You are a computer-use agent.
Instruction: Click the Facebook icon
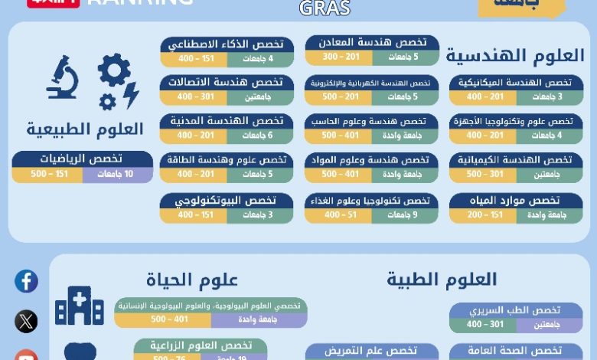26,281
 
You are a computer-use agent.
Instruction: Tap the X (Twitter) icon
26,321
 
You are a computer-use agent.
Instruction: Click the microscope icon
62,79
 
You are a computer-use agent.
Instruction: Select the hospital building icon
79,306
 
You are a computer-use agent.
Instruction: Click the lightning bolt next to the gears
131,94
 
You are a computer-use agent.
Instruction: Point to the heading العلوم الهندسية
514,56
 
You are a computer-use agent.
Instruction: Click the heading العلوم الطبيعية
85,129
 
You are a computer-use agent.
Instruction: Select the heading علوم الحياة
191,280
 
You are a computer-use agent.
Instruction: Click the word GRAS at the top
325,8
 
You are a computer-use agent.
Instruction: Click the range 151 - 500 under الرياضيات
47,175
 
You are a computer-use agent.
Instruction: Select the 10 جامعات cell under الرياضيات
118,175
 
